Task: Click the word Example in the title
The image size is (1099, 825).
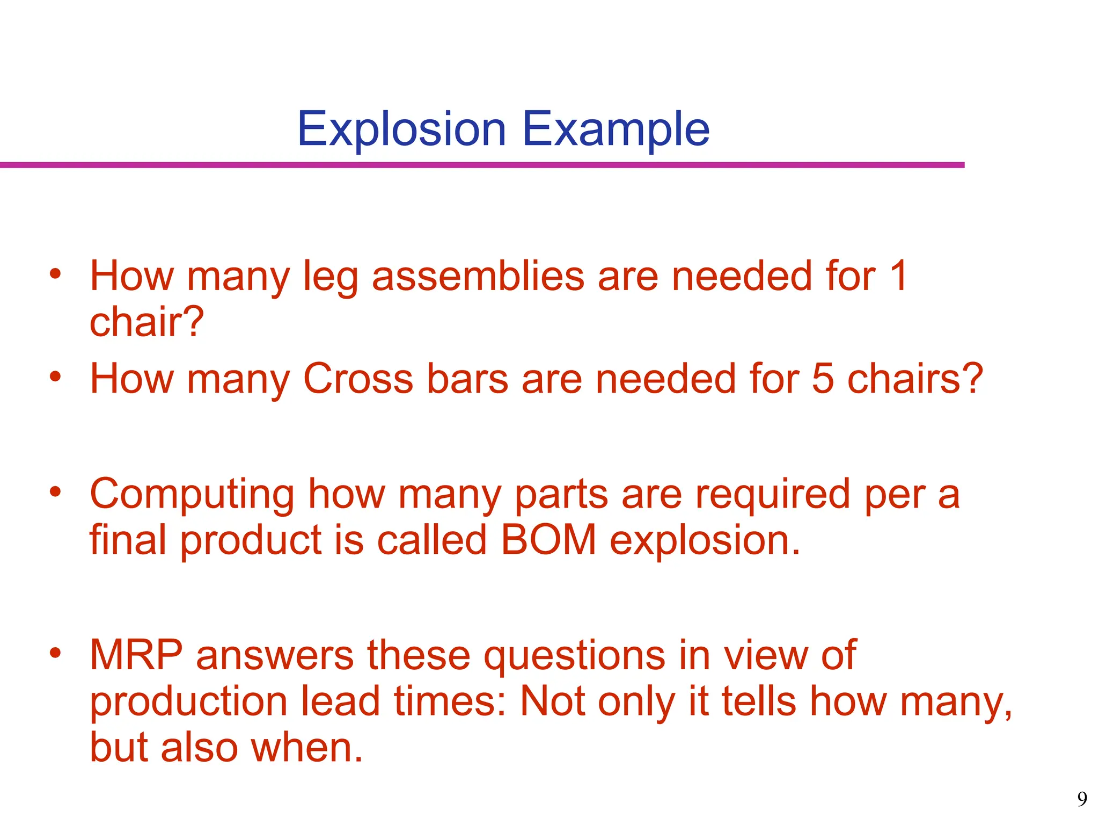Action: (616, 129)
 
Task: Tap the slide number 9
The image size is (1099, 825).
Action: (1082, 799)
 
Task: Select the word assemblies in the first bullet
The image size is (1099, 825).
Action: (478, 276)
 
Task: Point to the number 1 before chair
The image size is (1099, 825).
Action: (898, 276)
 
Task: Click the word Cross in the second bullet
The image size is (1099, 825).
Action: (358, 379)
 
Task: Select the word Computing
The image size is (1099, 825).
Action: (192, 494)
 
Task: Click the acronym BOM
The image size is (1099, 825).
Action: (548, 540)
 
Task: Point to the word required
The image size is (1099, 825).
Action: (773, 494)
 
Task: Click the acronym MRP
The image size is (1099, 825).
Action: (136, 655)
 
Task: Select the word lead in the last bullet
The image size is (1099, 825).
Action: (340, 701)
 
